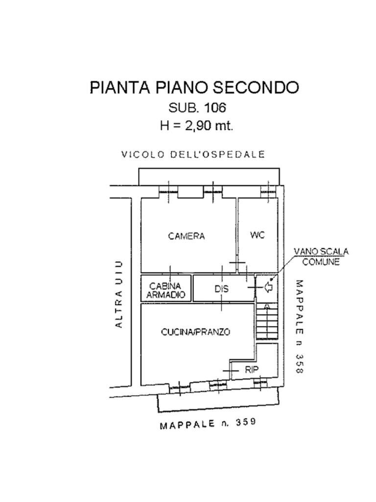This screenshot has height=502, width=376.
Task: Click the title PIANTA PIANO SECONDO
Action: [194, 87]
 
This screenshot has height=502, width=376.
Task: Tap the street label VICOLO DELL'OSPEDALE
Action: [193, 154]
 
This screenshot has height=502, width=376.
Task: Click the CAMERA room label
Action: [187, 236]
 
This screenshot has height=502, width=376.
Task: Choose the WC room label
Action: [258, 235]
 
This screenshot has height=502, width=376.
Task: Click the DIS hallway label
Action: [222, 289]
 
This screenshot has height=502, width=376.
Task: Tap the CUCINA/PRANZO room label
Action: [196, 332]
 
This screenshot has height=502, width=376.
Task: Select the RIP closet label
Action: [252, 370]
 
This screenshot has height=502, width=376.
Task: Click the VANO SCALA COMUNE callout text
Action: [321, 256]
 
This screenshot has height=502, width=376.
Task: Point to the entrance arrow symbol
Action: [269, 287]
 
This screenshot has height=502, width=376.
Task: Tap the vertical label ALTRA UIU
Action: [118, 294]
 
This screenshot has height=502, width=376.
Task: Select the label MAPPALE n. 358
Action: [299, 326]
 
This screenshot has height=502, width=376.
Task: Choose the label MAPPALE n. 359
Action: [208, 424]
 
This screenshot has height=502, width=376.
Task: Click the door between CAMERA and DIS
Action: [238, 265]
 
